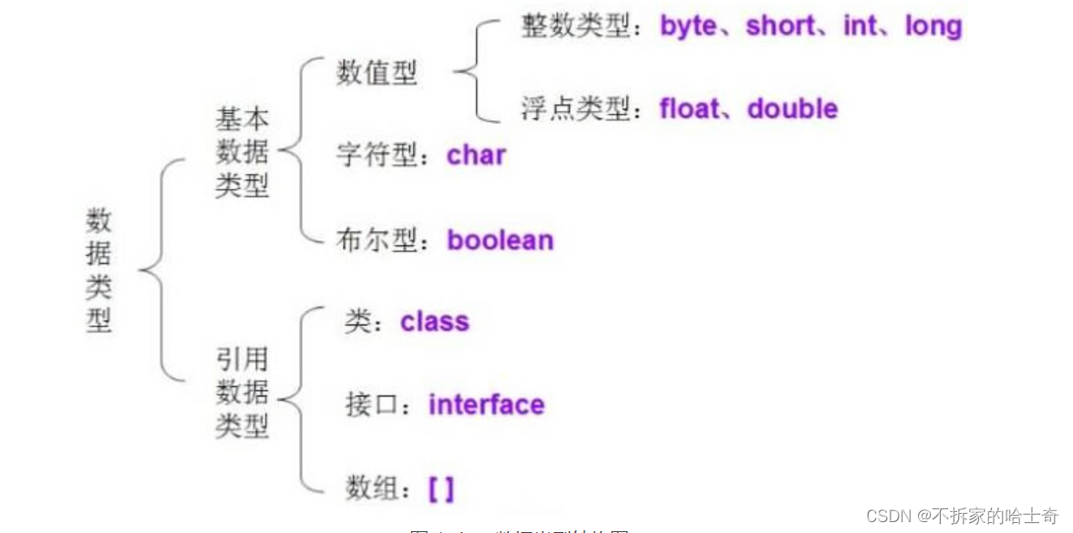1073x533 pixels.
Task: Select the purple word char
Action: [x=476, y=155]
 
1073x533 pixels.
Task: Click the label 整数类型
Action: [x=575, y=26]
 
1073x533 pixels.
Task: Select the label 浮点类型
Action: [x=575, y=109]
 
